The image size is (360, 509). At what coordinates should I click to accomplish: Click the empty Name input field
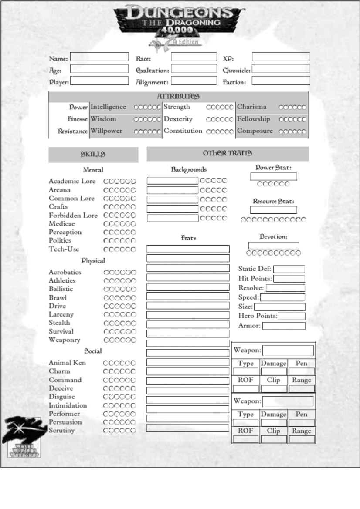click(x=99, y=57)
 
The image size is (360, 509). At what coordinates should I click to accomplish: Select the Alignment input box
click(x=194, y=81)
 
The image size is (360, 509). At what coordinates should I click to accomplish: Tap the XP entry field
click(x=281, y=57)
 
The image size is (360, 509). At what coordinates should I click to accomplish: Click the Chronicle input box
click(x=281, y=69)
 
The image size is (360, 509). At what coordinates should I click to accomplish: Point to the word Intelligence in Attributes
click(x=108, y=107)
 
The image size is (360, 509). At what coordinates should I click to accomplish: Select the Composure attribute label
click(x=255, y=131)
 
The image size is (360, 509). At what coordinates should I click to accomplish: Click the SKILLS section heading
click(x=93, y=154)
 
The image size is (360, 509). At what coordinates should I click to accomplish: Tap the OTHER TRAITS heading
click(x=227, y=153)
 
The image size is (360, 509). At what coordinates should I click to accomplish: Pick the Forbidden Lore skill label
click(x=73, y=216)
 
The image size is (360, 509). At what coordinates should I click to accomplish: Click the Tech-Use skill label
click(x=64, y=249)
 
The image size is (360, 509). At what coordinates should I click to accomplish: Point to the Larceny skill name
click(x=61, y=314)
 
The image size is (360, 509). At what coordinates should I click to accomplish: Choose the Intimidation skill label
click(x=68, y=405)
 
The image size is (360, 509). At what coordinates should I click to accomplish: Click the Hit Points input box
click(x=289, y=279)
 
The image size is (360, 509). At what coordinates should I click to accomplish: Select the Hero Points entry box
click(x=292, y=317)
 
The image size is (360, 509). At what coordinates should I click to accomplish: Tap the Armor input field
click(x=283, y=326)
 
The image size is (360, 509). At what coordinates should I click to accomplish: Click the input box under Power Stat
click(x=273, y=176)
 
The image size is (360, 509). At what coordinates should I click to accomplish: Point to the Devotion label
click(x=273, y=237)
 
